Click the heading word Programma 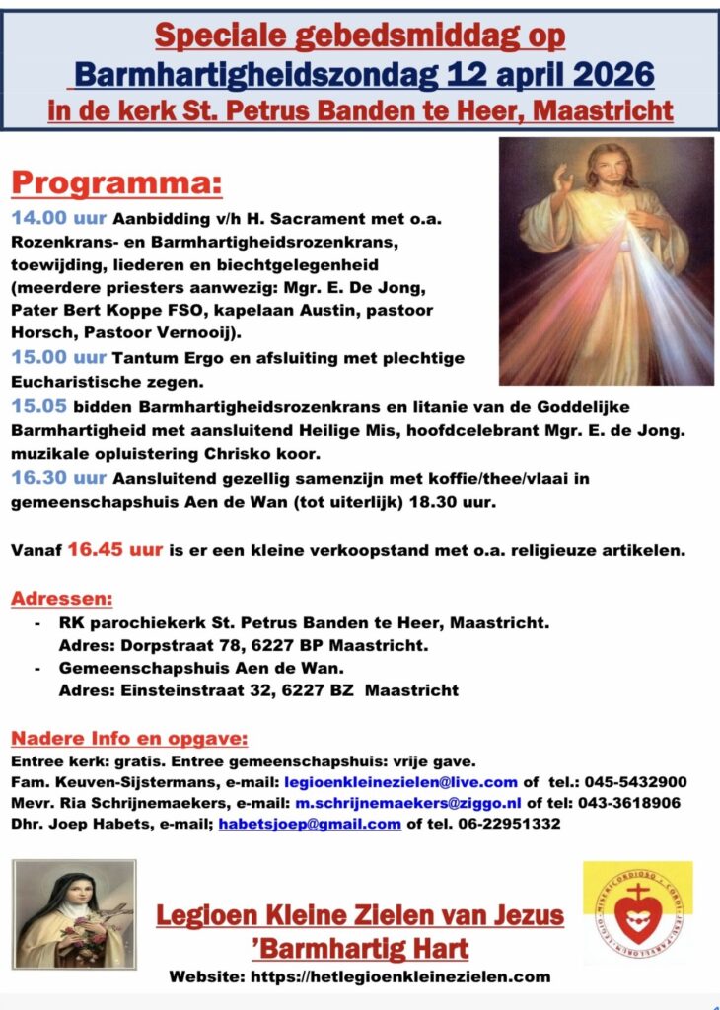[116, 184]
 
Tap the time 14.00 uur [60, 218]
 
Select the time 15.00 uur [60, 357]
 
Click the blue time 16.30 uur [60, 477]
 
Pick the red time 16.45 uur [114, 549]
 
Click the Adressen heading [61, 599]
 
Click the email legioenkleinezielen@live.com [399, 782]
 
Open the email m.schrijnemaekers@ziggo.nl [407, 803]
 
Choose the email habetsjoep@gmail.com [310, 824]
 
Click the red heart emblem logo [637, 914]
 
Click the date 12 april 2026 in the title [550, 74]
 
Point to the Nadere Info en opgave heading [128, 739]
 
